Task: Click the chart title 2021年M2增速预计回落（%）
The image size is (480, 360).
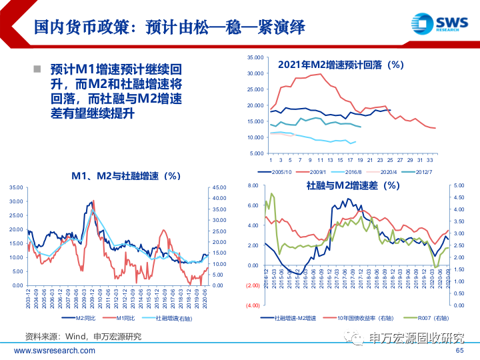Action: [341, 65]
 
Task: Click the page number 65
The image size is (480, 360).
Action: [459, 351]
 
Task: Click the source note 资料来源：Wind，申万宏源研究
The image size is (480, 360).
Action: [83, 336]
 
